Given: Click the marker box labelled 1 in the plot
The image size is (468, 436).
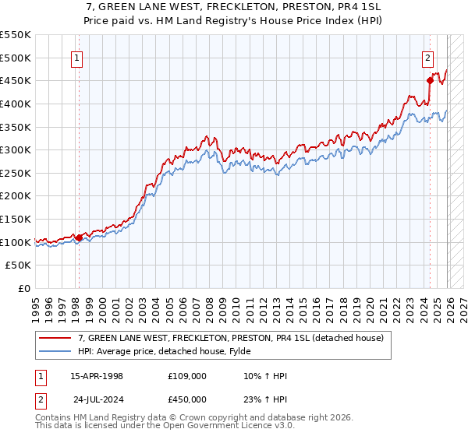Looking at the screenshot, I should click(x=78, y=57).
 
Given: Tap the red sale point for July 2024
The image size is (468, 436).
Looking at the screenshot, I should click(x=430, y=79).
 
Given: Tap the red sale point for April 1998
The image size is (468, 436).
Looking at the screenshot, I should click(x=79, y=237).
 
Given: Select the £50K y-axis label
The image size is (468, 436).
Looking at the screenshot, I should click(x=19, y=265).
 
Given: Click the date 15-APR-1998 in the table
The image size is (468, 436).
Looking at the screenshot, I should click(x=97, y=376).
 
